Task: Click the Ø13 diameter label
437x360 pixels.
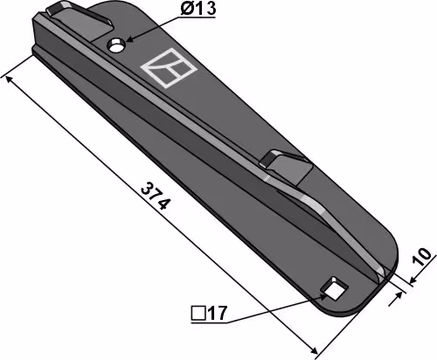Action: coord(198,9)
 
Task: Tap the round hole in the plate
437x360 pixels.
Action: coord(116,45)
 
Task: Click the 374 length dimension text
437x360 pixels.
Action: coord(156,196)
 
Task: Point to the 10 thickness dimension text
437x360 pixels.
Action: coord(422,257)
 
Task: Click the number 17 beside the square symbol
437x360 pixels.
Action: coord(217,314)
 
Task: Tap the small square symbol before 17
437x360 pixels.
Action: coord(198,314)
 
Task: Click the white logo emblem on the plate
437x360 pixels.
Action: coord(169,68)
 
